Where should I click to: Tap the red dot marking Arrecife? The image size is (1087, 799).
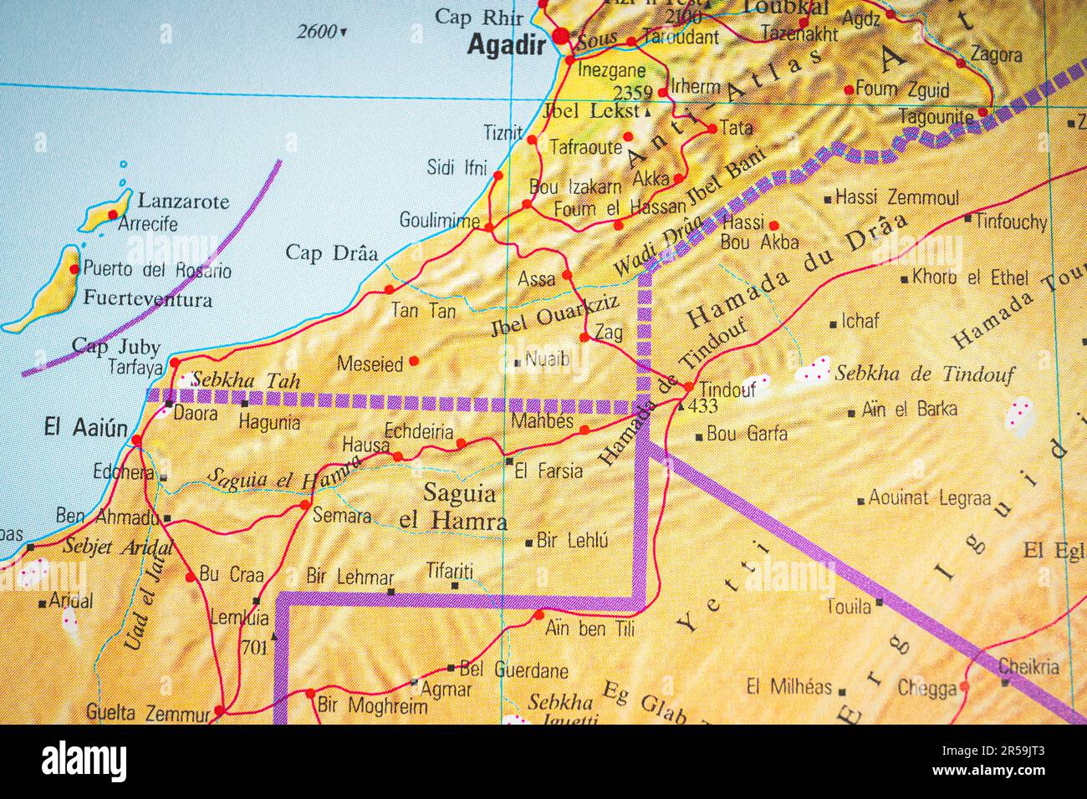113,214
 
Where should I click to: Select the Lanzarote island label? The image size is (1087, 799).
183,201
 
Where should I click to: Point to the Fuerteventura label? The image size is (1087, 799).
148,298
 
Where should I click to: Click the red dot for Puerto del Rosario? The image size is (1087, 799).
74,269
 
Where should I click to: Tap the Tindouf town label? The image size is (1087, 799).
727,389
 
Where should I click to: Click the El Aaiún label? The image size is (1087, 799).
86,428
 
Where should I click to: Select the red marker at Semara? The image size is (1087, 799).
305,505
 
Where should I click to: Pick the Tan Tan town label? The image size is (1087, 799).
424,311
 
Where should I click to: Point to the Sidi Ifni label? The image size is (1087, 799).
457,167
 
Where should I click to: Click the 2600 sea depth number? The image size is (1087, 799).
317,32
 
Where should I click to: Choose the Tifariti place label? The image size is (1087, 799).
449,571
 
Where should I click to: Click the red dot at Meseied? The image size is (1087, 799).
413,361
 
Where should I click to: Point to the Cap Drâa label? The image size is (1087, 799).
331,252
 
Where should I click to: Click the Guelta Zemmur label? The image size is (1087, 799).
148,713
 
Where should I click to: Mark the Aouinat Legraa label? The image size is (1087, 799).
929,498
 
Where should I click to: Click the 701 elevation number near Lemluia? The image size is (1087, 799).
255,646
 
